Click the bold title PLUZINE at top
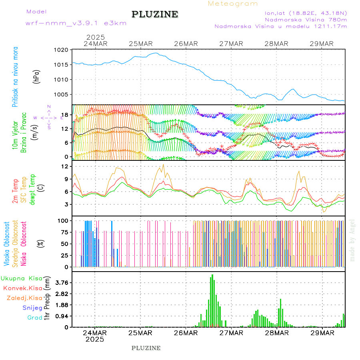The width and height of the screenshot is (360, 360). [155, 14]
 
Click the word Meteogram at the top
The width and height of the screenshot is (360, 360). [233, 4]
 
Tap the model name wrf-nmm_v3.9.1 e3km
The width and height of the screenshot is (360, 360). [76, 23]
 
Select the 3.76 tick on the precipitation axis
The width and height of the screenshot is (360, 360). [61, 282]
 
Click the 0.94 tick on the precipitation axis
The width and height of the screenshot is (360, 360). [61, 316]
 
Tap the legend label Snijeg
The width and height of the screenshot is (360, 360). [32, 308]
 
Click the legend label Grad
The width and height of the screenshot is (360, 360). [34, 318]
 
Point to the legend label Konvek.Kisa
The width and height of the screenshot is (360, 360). [22, 288]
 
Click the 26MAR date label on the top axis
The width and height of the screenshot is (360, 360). [186, 44]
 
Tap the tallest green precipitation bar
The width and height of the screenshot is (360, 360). [212, 300]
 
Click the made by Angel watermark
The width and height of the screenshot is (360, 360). [352, 240]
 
